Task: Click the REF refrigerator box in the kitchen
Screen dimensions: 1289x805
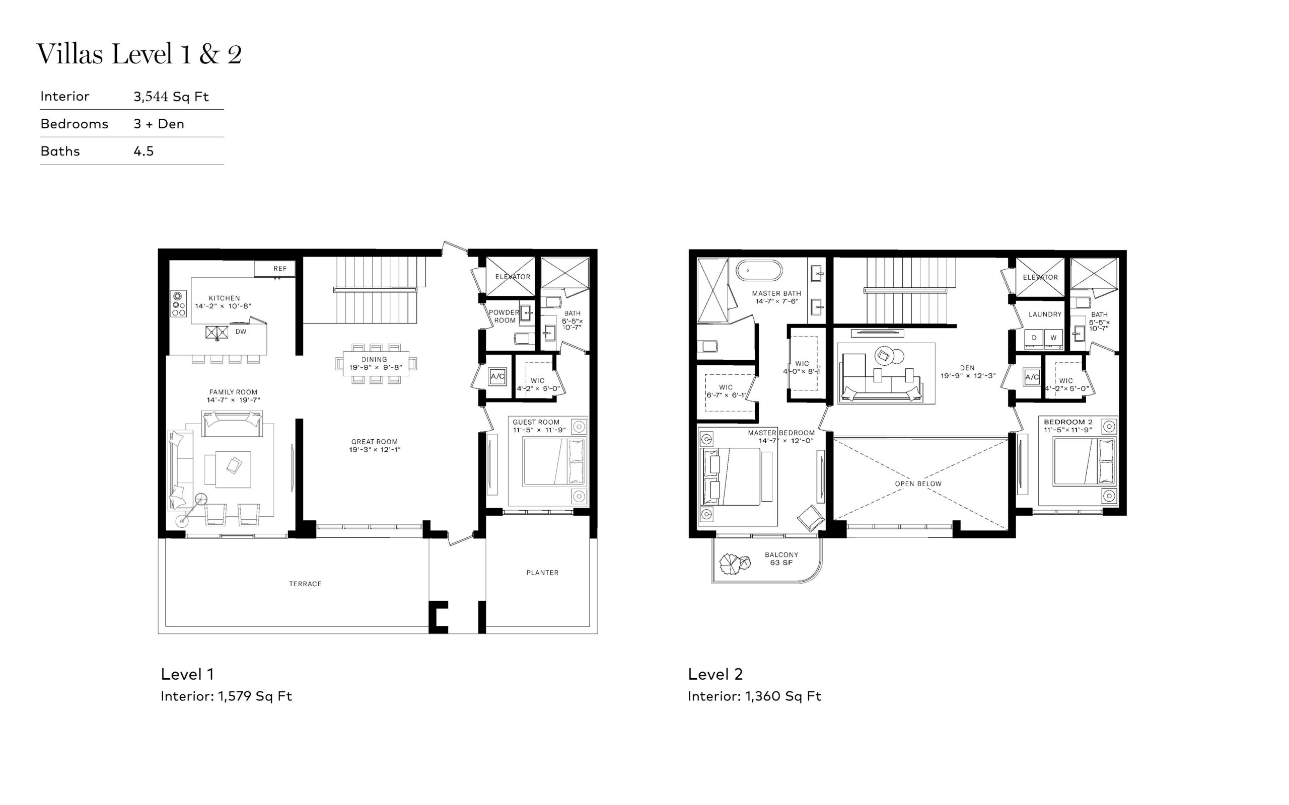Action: point(275,268)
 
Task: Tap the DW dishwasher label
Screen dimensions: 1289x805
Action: point(241,332)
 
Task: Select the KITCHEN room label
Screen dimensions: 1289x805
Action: point(224,298)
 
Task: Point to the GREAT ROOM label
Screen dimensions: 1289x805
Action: point(375,441)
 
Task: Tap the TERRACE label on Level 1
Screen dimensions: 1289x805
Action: point(305,584)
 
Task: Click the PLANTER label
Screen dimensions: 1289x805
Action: point(542,573)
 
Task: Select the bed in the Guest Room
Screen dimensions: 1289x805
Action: point(554,461)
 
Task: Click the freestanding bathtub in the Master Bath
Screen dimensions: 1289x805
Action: point(759,271)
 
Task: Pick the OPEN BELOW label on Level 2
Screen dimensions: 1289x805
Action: point(918,484)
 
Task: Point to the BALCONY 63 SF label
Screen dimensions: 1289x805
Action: point(781,558)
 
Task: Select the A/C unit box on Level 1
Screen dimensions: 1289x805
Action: point(497,376)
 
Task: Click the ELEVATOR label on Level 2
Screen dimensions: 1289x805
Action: point(1040,277)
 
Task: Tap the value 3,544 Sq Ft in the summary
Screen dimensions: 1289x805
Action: point(171,97)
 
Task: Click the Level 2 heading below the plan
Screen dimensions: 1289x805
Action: point(715,674)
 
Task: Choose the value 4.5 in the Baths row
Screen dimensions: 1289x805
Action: point(144,151)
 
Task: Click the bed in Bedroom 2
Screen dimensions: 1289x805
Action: point(1084,461)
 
